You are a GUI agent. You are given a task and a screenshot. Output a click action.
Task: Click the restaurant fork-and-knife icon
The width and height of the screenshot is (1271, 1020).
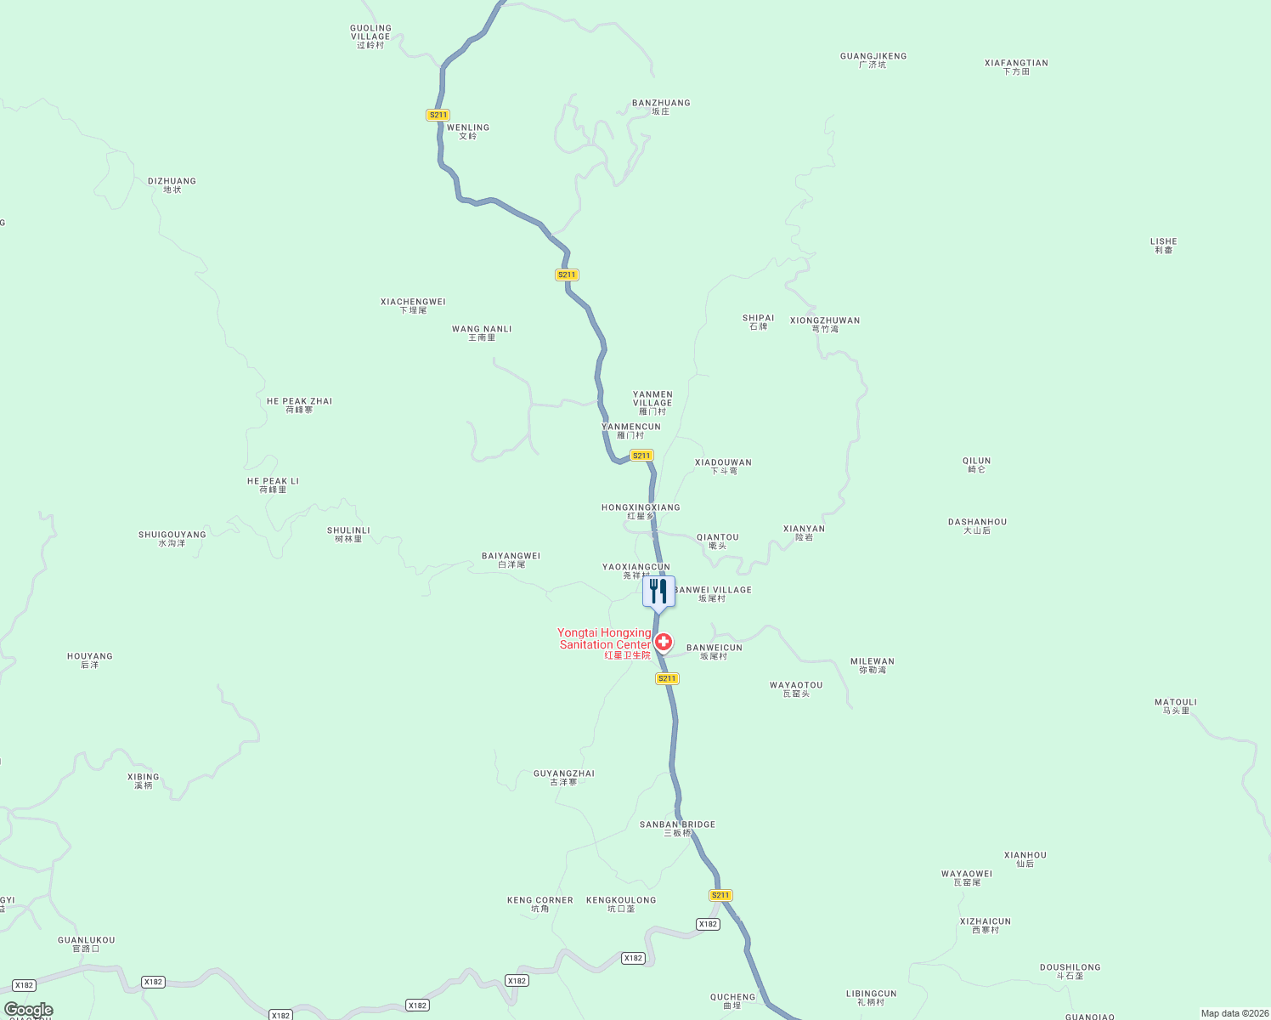(658, 592)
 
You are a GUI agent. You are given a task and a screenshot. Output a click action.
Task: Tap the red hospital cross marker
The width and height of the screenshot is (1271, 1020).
(664, 642)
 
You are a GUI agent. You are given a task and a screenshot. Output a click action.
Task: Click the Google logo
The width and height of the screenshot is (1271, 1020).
(29, 1010)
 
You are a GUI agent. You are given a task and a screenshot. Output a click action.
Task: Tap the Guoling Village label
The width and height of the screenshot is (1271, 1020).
(370, 37)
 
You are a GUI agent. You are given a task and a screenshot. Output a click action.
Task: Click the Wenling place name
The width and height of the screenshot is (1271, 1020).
(468, 132)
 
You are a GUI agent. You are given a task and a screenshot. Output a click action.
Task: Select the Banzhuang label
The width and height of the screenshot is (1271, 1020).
(661, 107)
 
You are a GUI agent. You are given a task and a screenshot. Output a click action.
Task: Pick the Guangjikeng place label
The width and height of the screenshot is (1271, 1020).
(873, 60)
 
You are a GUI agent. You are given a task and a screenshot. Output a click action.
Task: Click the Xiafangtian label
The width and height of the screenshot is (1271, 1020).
(1016, 67)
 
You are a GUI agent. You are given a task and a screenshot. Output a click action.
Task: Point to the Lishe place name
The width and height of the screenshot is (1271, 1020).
(1163, 246)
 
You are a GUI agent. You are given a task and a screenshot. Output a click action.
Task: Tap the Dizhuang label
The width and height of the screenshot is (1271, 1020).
(172, 185)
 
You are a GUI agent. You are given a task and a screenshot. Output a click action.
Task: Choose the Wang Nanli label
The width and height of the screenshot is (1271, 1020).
(482, 333)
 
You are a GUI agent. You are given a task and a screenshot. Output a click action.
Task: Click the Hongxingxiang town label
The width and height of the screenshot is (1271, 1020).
(641, 512)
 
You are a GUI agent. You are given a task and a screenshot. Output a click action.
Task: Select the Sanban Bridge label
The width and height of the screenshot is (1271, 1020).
(677, 829)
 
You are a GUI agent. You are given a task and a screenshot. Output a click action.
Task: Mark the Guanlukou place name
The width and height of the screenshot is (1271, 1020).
(86, 944)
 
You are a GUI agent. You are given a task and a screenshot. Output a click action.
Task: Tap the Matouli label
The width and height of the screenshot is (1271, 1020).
(1176, 706)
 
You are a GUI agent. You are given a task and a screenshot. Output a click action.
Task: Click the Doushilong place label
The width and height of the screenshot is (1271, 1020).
(1070, 972)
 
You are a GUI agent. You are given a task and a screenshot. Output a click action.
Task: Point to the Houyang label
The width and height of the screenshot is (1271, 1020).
(90, 660)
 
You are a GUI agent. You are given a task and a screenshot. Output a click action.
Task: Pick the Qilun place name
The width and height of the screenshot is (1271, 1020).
(976, 465)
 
